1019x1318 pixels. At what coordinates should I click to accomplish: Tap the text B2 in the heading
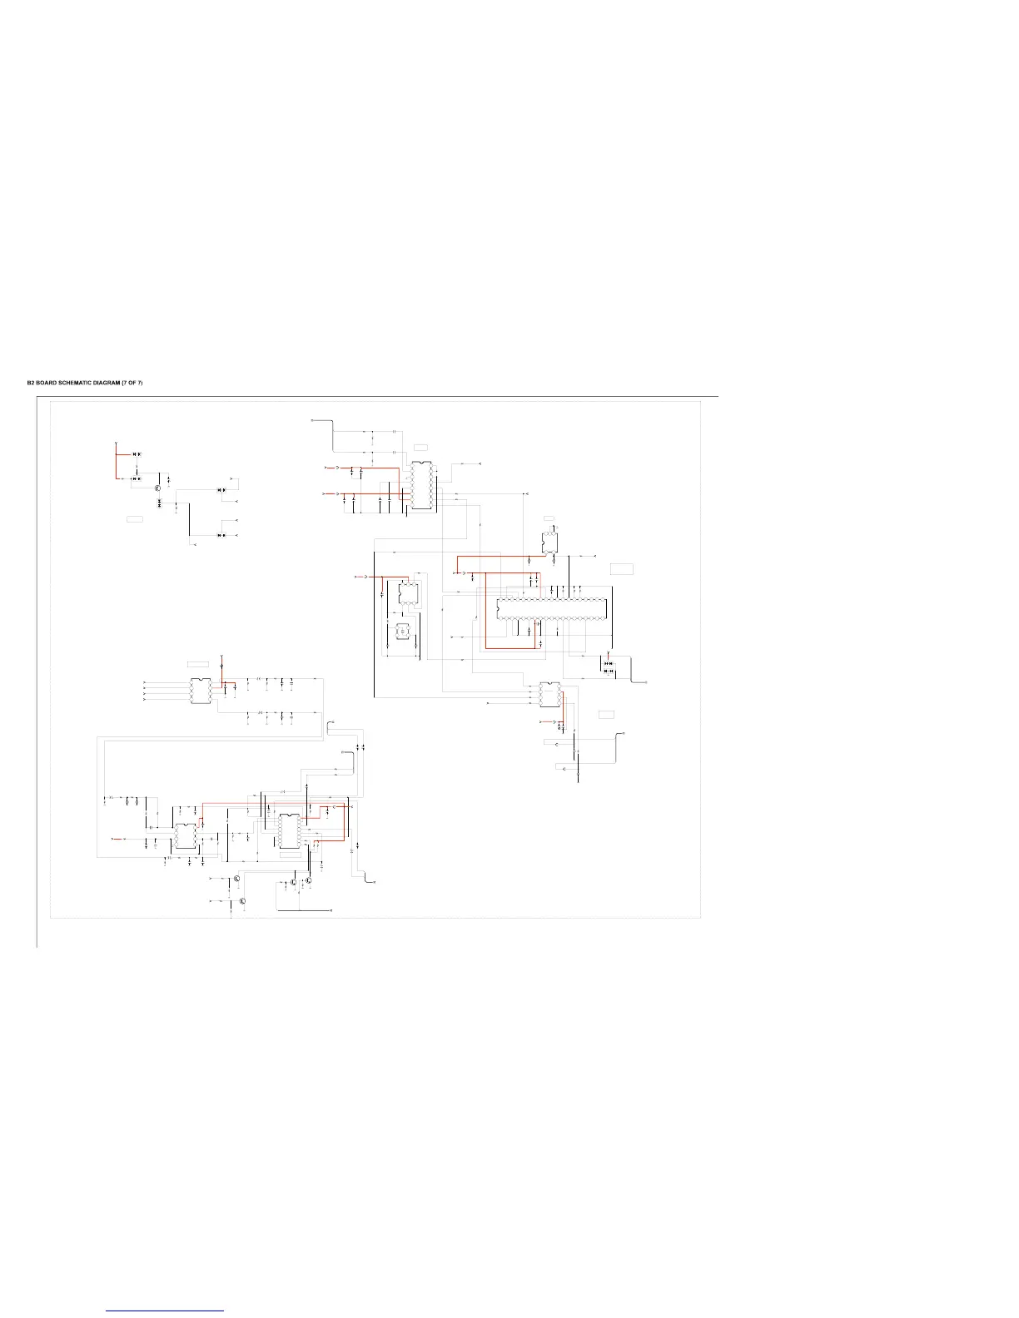tap(31, 383)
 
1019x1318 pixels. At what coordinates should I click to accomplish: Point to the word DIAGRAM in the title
tap(107, 383)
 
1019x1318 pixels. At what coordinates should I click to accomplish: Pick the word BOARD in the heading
tap(47, 383)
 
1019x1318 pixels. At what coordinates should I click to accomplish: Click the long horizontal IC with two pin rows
tap(554, 608)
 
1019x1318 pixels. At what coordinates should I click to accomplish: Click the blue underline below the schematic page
tap(165, 1311)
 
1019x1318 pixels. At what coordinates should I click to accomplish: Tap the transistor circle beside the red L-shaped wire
tap(157, 488)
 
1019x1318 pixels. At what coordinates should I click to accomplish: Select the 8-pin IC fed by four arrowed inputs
tap(200, 691)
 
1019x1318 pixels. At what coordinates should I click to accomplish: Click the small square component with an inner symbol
tap(402, 632)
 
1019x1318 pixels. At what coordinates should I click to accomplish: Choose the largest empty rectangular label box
tap(622, 569)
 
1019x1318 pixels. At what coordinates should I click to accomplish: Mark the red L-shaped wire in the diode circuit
tap(115, 466)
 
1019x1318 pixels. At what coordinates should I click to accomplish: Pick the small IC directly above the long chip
tap(549, 542)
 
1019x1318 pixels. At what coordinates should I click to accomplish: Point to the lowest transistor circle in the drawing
tap(242, 901)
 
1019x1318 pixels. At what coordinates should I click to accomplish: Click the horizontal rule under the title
tap(375, 396)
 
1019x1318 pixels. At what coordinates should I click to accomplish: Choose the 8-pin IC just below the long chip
tap(549, 695)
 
